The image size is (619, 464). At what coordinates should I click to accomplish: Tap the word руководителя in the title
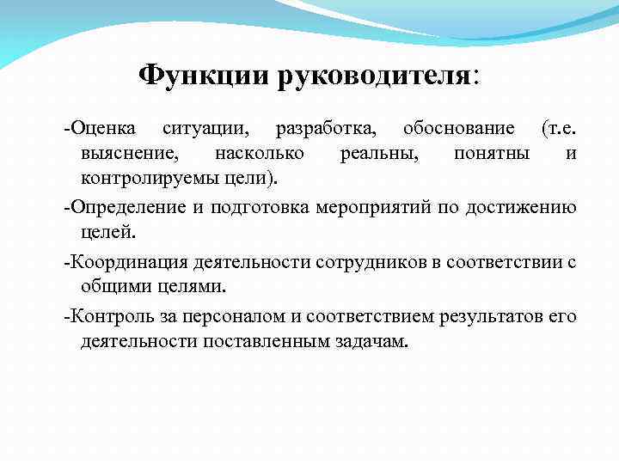pyautogui.click(x=373, y=76)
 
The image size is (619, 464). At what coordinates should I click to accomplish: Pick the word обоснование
pyautogui.click(x=457, y=129)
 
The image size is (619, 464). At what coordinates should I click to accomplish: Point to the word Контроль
pyautogui.click(x=110, y=316)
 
